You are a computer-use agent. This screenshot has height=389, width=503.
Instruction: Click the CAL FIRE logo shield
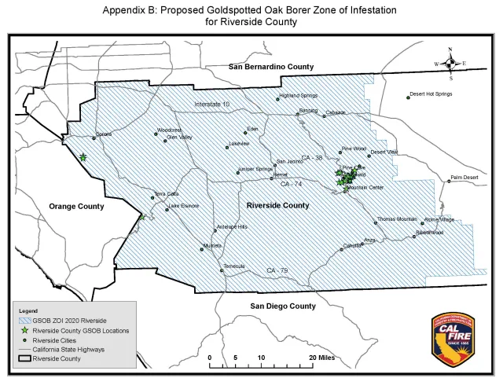pyautogui.click(x=454, y=339)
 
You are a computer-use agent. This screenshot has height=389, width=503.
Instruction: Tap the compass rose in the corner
pyautogui.click(x=450, y=64)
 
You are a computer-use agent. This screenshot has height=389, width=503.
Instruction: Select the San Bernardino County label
pyautogui.click(x=271, y=67)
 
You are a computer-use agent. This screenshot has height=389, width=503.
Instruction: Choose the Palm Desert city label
pyautogui.click(x=464, y=178)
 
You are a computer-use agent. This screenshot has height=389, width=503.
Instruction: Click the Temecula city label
pyautogui.click(x=235, y=266)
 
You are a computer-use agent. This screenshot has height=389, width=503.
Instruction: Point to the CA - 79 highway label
pyautogui.click(x=275, y=271)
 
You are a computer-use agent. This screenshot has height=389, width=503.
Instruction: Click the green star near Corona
pyautogui.click(x=83, y=157)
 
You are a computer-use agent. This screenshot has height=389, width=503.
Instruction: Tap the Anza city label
pyautogui.click(x=370, y=239)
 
